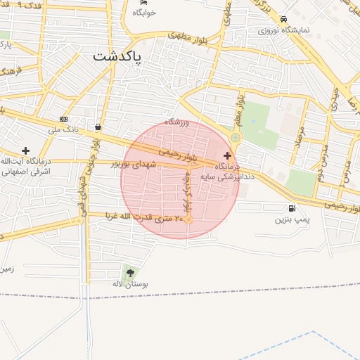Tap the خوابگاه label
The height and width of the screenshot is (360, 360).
[x=143, y=13]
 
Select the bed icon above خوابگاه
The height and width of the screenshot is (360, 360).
[x=143, y=2]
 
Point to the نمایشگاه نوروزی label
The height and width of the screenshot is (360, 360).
[x=282, y=30]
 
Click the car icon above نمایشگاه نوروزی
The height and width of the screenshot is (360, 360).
[x=283, y=20]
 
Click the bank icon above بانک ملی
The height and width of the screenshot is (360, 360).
[x=64, y=119]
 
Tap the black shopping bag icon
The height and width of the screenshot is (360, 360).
[x=97, y=127]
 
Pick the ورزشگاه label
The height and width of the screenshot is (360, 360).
[x=178, y=122]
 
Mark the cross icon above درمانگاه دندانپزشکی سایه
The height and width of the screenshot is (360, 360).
[x=226, y=155]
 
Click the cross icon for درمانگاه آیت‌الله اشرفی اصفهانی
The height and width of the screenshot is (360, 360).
[x=26, y=150]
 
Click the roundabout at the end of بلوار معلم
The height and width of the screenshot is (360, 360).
[x=236, y=138]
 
